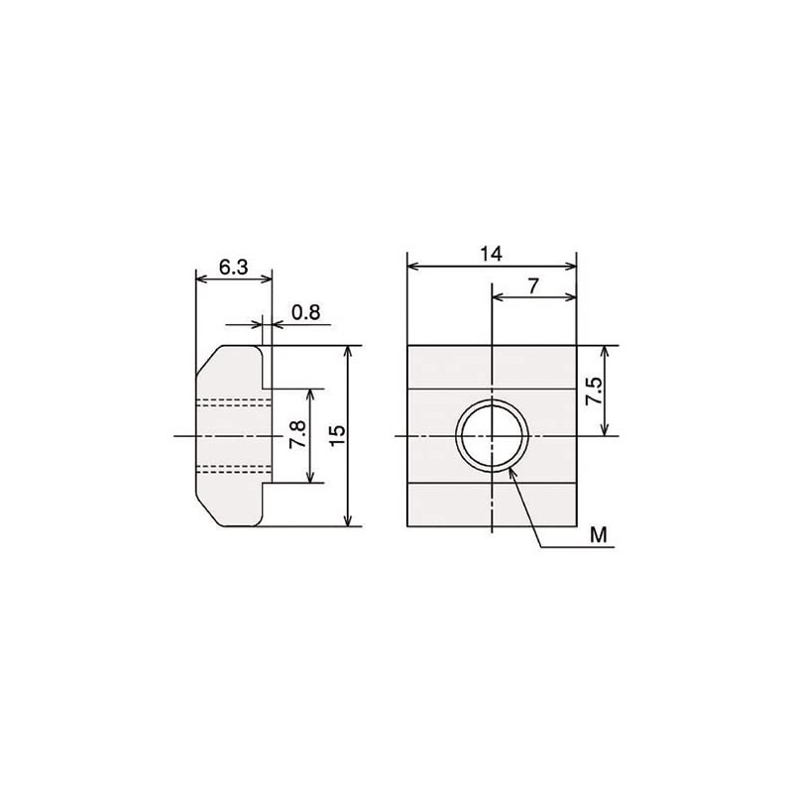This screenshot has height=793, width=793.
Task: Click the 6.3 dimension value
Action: coord(233,268)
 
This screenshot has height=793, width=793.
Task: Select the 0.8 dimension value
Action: coord(305,312)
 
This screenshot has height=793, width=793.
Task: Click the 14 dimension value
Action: coord(491,254)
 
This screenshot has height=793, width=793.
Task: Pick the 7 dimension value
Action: coord(533,285)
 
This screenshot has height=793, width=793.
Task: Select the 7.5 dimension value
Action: coord(593,391)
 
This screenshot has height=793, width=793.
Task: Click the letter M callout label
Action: coord(597,535)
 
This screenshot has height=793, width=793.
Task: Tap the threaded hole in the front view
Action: coord(493,436)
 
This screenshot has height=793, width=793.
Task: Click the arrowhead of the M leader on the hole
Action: coord(510,471)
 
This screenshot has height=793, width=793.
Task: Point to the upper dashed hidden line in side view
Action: coord(234,401)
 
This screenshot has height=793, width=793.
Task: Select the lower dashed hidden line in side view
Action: coord(234,468)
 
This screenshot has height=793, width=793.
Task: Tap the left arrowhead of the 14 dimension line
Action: coord(411,266)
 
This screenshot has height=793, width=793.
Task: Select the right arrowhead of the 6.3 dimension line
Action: coord(267,280)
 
